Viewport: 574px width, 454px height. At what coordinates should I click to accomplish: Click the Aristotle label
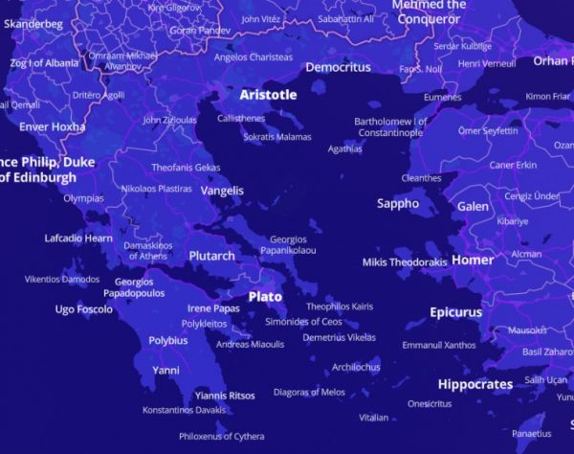click(268, 95)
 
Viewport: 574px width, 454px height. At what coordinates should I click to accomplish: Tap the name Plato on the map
click(265, 297)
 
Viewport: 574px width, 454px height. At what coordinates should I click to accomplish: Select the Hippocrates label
click(475, 384)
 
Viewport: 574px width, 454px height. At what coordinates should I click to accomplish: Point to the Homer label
click(473, 260)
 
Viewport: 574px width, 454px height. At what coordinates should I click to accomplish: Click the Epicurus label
click(455, 312)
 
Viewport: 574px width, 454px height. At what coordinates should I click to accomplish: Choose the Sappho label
click(398, 203)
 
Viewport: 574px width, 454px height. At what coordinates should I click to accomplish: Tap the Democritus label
click(338, 68)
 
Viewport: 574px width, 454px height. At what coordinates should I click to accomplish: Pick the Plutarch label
click(211, 256)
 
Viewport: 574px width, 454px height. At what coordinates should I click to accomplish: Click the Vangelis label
click(222, 191)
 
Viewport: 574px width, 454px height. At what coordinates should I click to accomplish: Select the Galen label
click(473, 206)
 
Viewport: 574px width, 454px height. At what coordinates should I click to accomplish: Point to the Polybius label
click(168, 340)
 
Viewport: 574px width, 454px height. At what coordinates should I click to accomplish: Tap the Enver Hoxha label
click(52, 126)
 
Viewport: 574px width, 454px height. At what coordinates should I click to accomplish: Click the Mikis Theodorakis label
click(405, 262)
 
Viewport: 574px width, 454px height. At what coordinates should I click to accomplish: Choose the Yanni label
click(166, 370)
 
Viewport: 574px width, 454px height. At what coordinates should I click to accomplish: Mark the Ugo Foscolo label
click(83, 309)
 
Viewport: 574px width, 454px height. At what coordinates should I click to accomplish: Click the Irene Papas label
click(213, 308)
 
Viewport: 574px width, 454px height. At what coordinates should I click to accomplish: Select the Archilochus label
click(356, 367)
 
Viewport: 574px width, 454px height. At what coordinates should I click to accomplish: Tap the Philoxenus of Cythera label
click(221, 436)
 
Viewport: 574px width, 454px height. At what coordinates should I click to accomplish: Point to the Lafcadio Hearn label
click(78, 238)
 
